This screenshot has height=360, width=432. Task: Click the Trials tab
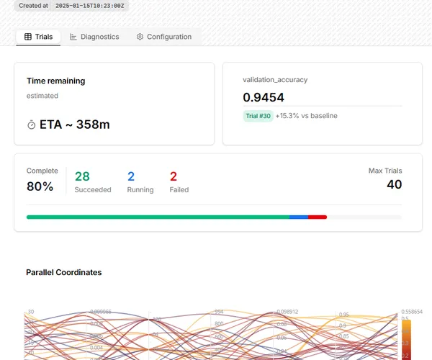tap(38, 37)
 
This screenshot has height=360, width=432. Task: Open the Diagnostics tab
tap(94, 37)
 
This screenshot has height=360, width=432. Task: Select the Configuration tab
tap(164, 37)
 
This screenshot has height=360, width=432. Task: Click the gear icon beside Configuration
tap(140, 37)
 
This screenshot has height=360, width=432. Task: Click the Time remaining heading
tap(55, 81)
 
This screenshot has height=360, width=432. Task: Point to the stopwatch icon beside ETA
tap(32, 125)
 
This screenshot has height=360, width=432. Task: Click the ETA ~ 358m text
tap(74, 125)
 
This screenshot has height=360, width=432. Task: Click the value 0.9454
tap(264, 97)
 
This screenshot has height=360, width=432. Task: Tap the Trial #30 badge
tap(258, 116)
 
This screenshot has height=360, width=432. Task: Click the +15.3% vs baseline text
tap(306, 116)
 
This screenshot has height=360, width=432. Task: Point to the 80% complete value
tap(40, 186)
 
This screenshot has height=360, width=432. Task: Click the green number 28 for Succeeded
tap(82, 176)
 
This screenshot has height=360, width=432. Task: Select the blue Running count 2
tap(131, 176)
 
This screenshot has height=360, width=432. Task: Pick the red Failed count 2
tap(174, 176)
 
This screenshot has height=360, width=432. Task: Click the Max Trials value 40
tap(393, 184)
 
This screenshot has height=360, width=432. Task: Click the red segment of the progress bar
tap(318, 217)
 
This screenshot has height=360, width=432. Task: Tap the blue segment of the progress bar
tap(299, 217)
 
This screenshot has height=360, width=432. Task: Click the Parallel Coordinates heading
tap(63, 272)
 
